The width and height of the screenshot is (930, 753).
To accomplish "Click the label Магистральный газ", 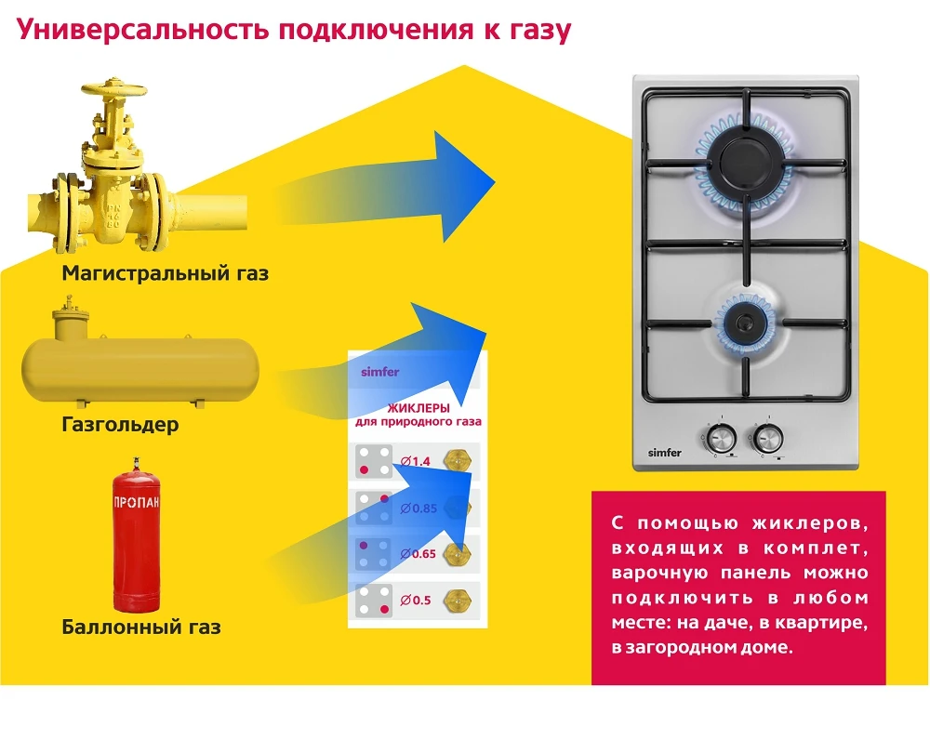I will click(x=165, y=273).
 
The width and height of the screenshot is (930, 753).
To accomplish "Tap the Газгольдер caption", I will click(x=121, y=425).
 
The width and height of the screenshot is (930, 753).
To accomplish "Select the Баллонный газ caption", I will click(x=141, y=627).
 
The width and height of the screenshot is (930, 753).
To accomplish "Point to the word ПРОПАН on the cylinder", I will click(x=137, y=503).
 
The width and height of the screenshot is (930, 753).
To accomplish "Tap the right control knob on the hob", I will click(x=767, y=436).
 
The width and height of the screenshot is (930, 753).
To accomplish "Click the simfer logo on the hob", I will click(x=665, y=453).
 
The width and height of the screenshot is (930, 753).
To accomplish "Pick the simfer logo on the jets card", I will click(x=379, y=372).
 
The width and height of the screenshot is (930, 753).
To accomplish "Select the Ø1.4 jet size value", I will click(x=416, y=461).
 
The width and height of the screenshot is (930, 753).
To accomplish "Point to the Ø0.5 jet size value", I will click(x=416, y=600).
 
